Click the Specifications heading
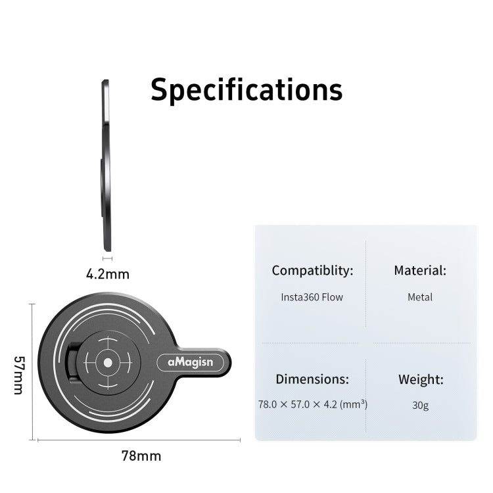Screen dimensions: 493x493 [x=246, y=90]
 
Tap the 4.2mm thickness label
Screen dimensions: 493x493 [x=108, y=273]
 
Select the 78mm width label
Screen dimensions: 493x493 [x=141, y=456]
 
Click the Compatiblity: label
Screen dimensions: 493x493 [x=312, y=270]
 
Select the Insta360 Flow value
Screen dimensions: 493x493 [x=312, y=297]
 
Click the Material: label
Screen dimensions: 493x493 [x=420, y=270]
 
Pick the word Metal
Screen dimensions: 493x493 [x=420, y=297]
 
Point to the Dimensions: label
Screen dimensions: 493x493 [x=312, y=379]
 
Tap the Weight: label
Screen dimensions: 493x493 [x=421, y=379]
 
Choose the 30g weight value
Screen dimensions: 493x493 [x=421, y=405]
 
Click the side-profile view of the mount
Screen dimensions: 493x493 [x=105, y=164]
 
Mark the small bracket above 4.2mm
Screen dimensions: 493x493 [x=108, y=259]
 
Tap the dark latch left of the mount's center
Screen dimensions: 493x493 [x=73, y=361]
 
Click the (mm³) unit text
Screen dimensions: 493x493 [x=354, y=404]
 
